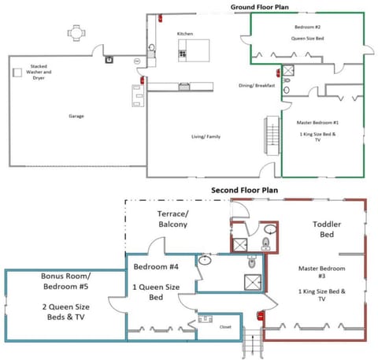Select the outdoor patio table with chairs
(x=76, y=33)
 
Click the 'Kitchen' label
(x=185, y=34)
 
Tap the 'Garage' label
(x=76, y=116)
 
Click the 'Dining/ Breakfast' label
(x=257, y=86)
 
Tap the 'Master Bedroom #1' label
(x=318, y=122)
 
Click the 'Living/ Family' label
(x=206, y=137)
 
